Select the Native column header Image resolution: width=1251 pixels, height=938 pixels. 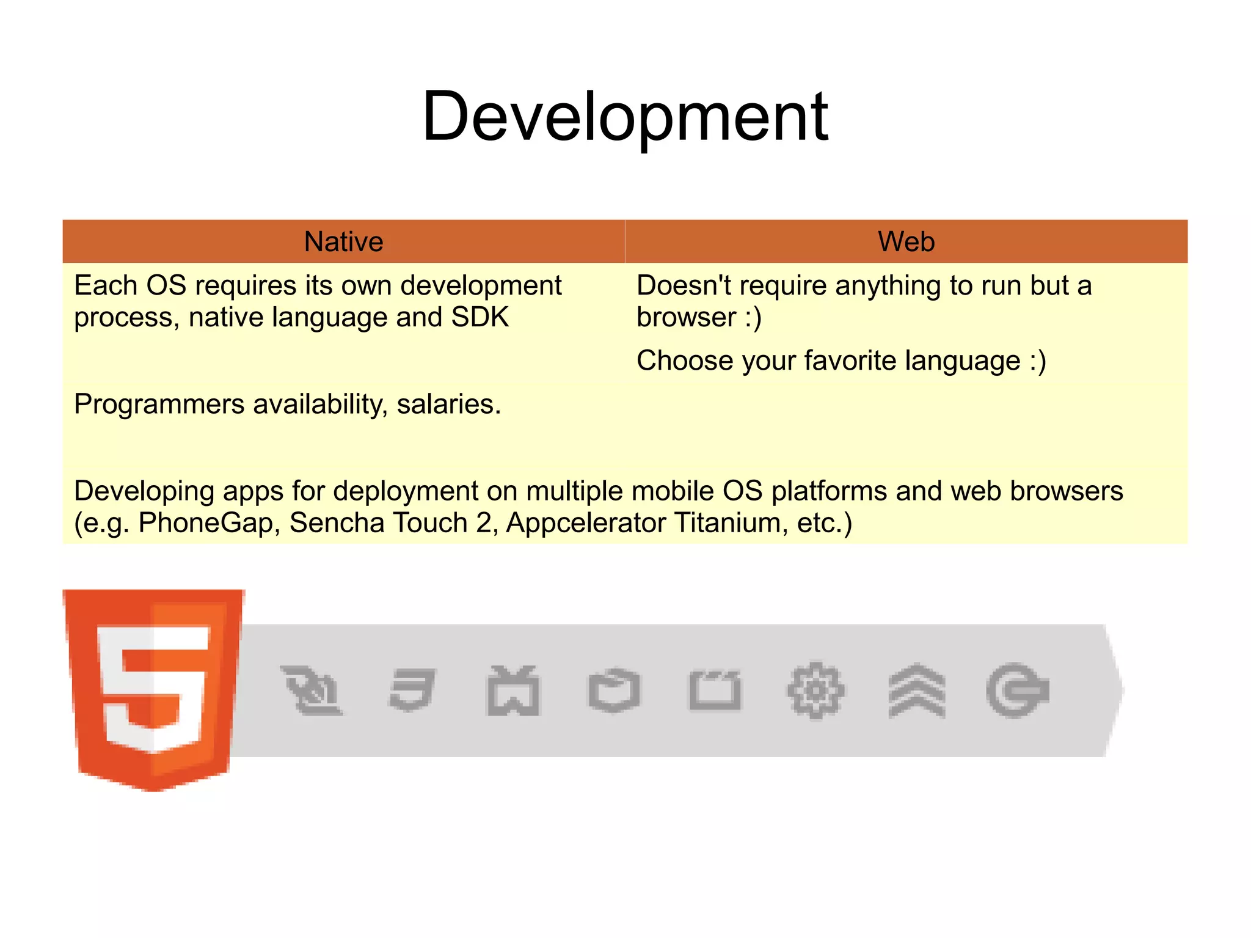pyautogui.click(x=343, y=241)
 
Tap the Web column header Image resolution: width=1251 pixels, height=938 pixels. pyautogui.click(x=906, y=241)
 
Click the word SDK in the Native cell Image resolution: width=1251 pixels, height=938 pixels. pyautogui.click(x=480, y=317)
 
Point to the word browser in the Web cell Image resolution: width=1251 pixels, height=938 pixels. pyautogui.click(x=686, y=317)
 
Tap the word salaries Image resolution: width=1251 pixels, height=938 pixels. pyautogui.click(x=448, y=405)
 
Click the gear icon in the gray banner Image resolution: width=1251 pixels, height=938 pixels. pyautogui.click(x=815, y=691)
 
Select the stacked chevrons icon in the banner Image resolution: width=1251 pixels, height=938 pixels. pyautogui.click(x=916, y=691)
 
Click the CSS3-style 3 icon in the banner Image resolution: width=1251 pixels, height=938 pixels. pyautogui.click(x=412, y=691)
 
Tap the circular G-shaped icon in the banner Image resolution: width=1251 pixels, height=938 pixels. pyautogui.click(x=1017, y=691)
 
